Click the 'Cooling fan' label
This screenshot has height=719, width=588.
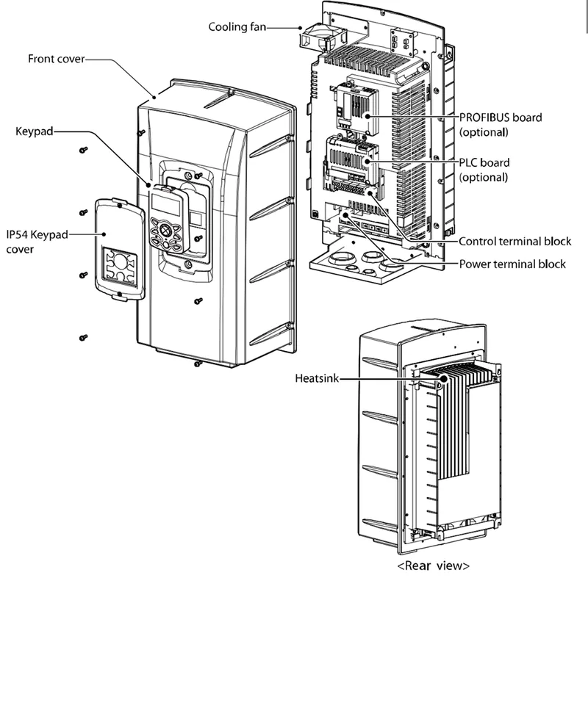[x=235, y=26]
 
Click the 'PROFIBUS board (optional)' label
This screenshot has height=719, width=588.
[x=501, y=124]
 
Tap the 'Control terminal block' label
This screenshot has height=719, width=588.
[x=514, y=241]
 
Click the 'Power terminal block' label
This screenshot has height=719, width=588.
[x=512, y=264]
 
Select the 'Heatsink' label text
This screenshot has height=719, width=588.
[x=317, y=379]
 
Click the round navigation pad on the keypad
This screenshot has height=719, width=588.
[x=165, y=231]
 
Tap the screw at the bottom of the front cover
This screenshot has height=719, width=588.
[x=197, y=363]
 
